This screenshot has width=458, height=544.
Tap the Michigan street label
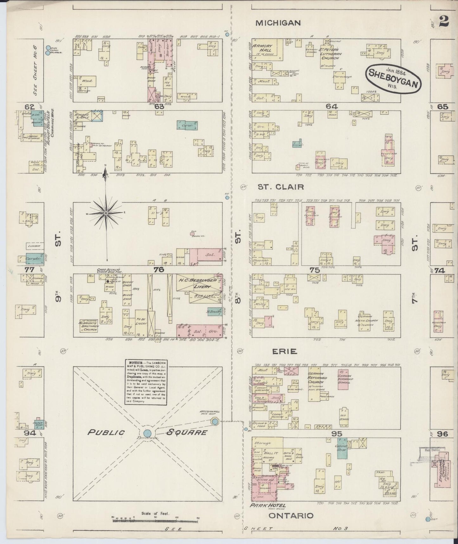point(278,23)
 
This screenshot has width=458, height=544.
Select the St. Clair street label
point(281,187)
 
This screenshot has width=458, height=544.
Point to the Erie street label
point(285,351)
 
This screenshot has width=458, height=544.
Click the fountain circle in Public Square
point(147,433)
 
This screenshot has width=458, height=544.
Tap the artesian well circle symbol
point(214,422)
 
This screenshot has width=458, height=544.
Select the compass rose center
point(106,213)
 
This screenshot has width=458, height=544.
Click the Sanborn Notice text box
point(146,382)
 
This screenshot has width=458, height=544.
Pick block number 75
point(315,270)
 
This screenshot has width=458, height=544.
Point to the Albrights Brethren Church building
point(89,326)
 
